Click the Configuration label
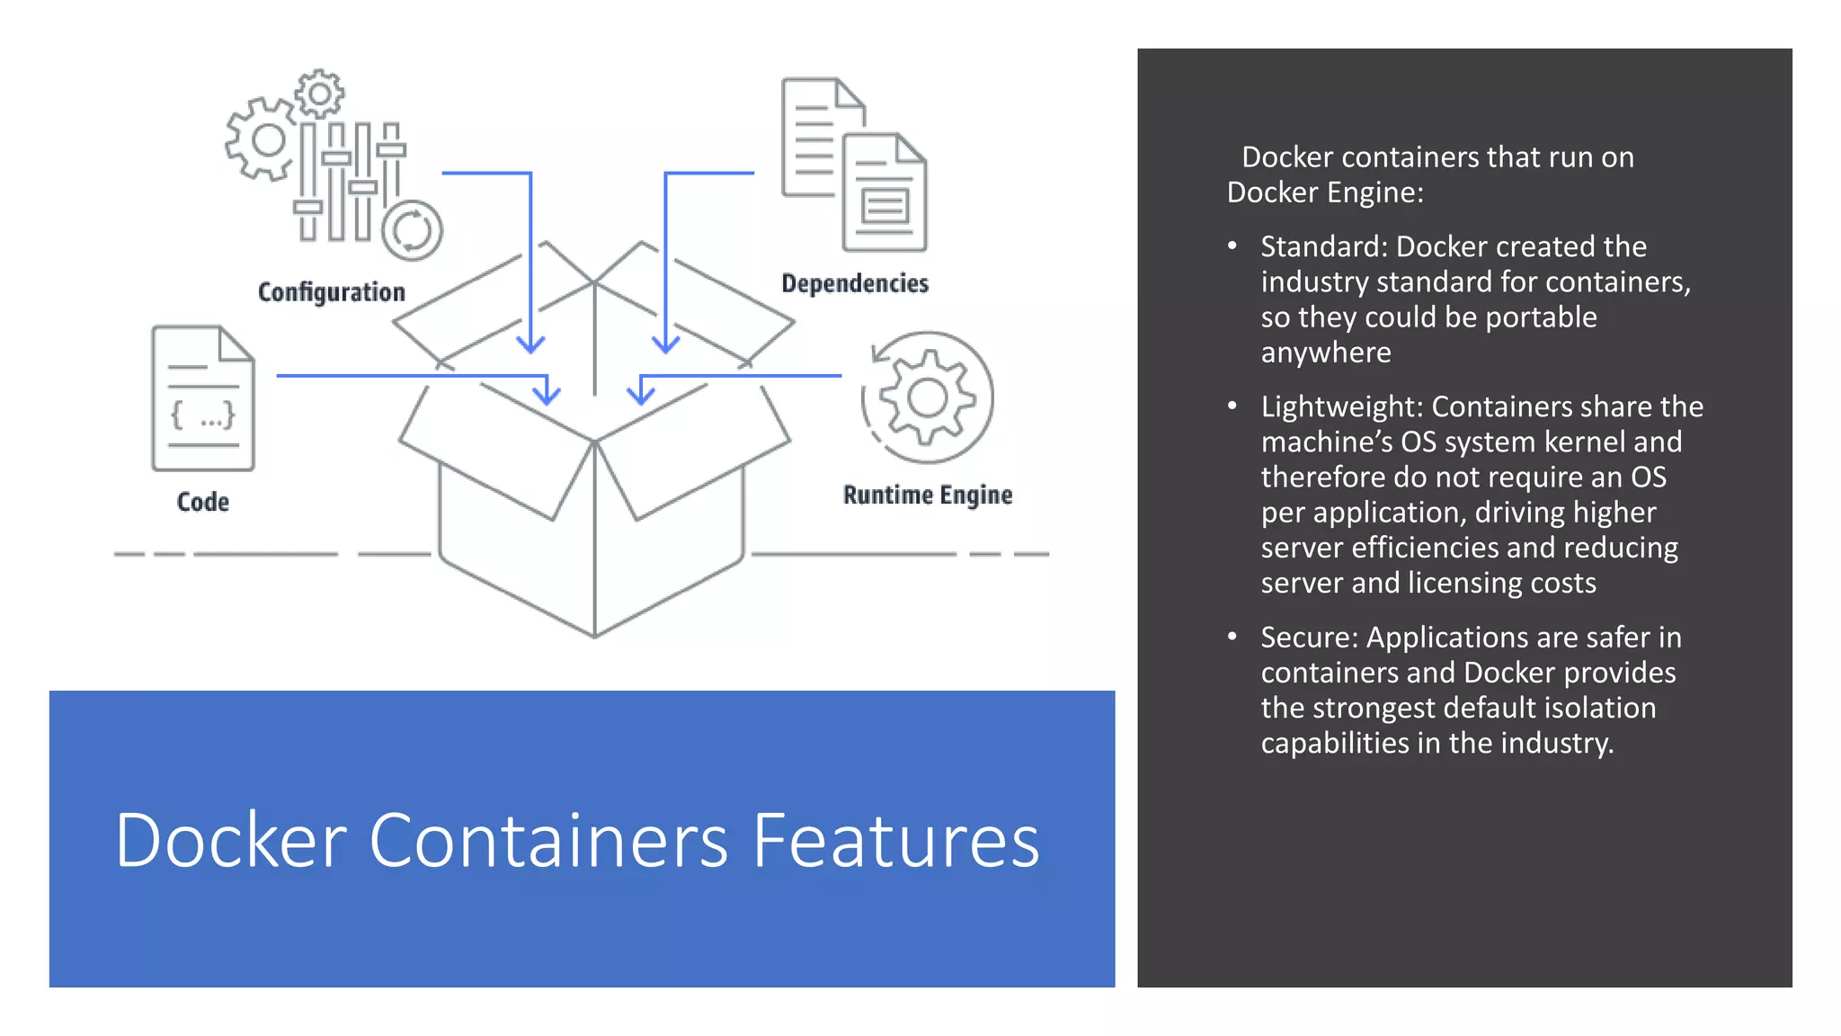[331, 292]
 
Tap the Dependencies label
[854, 283]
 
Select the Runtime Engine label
[927, 495]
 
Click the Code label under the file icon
[202, 502]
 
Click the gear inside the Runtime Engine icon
[927, 397]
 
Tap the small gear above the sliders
[319, 94]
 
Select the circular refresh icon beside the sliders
[412, 230]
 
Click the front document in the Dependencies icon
[885, 192]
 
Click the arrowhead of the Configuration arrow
[530, 344]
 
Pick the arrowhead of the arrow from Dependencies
[665, 344]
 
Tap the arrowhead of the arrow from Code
[547, 395]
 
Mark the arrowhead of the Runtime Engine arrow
[640, 395]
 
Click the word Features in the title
[895, 841]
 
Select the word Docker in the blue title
[231, 841]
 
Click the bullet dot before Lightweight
[1232, 406]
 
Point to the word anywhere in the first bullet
[1325, 353]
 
